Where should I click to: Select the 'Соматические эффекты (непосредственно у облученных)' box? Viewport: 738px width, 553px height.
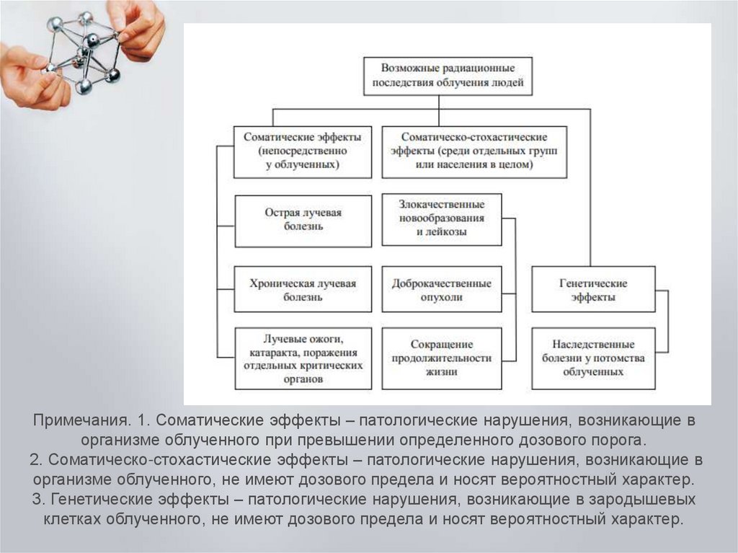tap(303, 151)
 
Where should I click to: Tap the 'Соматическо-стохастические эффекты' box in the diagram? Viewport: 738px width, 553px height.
tap(474, 151)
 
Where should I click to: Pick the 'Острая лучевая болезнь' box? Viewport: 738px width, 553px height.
tap(303, 220)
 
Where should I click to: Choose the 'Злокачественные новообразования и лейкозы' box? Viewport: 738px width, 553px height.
tap(442, 218)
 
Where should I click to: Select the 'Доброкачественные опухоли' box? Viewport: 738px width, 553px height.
tap(442, 290)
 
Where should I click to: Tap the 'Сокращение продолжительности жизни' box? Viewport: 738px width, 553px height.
tap(442, 358)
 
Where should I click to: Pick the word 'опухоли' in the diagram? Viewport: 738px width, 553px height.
tap(442, 296)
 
